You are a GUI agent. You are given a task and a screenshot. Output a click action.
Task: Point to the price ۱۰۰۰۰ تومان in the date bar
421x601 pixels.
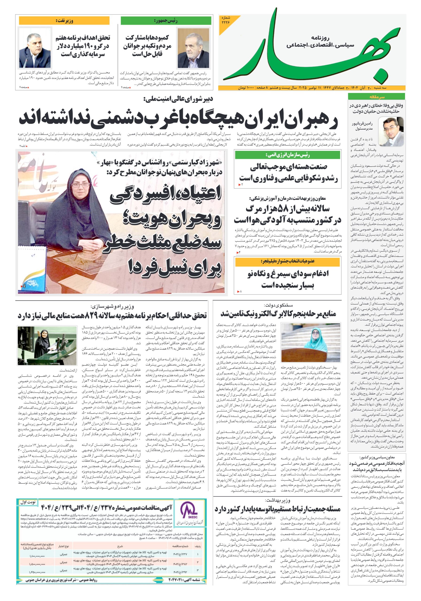(246, 88)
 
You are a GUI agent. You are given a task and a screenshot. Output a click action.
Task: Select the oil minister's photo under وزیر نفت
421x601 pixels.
(35, 50)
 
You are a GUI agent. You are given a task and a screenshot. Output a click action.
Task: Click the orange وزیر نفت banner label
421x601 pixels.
(64, 20)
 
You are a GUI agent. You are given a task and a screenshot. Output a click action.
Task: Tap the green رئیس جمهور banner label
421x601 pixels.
(166, 20)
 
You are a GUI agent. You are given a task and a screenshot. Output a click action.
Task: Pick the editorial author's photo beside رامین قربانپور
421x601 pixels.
(391, 132)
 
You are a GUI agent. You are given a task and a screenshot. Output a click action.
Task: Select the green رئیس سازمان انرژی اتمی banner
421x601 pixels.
(287, 155)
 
